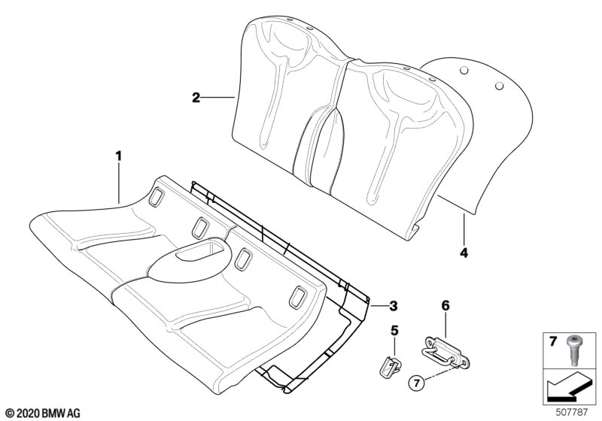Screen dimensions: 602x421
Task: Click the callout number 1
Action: [119, 156]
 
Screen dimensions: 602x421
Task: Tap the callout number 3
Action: [393, 306]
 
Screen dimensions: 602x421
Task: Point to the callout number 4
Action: [464, 253]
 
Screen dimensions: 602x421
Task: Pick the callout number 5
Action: [394, 331]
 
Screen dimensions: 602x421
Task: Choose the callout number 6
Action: [445, 305]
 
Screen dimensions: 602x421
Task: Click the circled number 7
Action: [418, 382]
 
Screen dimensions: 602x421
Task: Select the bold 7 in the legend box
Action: [553, 341]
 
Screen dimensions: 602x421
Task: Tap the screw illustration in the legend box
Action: [572, 350]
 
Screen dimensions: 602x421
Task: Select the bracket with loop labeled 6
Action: [445, 352]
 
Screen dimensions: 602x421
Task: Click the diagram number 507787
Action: [571, 412]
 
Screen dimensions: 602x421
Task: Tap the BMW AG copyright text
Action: [43, 413]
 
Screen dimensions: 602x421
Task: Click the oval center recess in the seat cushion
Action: [190, 259]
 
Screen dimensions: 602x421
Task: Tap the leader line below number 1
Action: [119, 183]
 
